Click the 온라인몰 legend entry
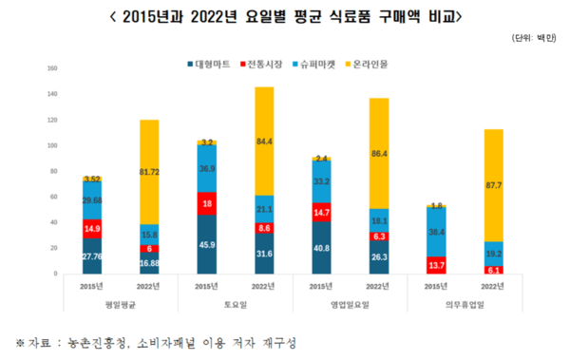pyautogui.click(x=377, y=64)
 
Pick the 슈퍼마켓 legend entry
pyautogui.click(x=321, y=64)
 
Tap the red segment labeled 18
pyautogui.click(x=206, y=204)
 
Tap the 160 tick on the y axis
pyautogui.click(x=53, y=67)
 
